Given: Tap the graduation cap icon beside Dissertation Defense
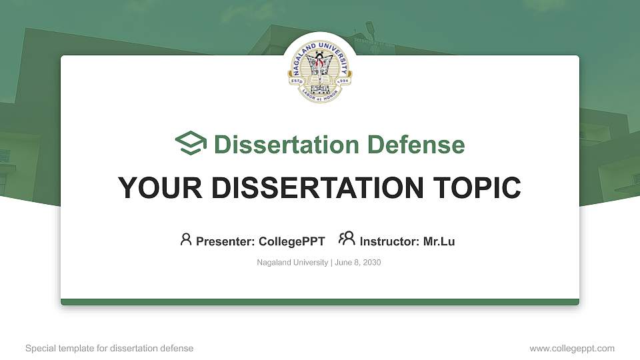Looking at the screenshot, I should pos(191,144).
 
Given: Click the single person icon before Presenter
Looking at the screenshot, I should pos(186,239).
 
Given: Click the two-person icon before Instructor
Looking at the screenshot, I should pos(347,239).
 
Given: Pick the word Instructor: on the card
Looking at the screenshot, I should pos(390,241).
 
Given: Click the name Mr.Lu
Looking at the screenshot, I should pos(439,241).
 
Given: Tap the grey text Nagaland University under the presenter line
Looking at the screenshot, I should pos(292,263).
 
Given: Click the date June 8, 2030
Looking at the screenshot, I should pos(357,263).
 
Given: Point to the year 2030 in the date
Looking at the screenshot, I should pos(371,263).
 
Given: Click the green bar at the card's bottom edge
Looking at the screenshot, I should pos(319,302).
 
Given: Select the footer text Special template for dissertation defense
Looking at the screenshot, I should pos(109,348).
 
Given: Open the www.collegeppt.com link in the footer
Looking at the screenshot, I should pos(572,348).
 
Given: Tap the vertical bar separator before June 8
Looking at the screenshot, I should pos(331,263).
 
